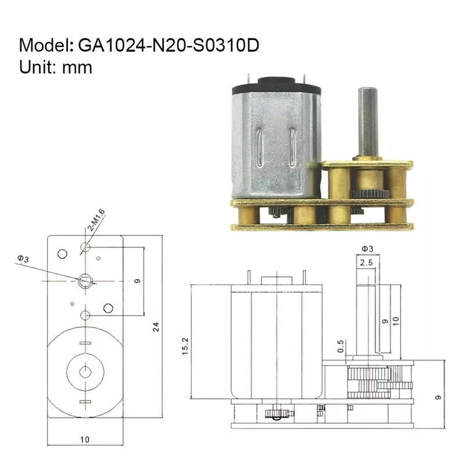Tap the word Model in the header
(x=44, y=45)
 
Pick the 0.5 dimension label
(x=341, y=346)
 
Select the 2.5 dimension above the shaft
(x=367, y=263)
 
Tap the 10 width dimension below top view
(x=85, y=440)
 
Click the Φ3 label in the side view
(x=367, y=249)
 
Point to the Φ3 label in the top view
(x=22, y=257)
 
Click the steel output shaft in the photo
(x=367, y=122)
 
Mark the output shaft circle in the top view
(x=85, y=281)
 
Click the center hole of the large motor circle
(x=85, y=370)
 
